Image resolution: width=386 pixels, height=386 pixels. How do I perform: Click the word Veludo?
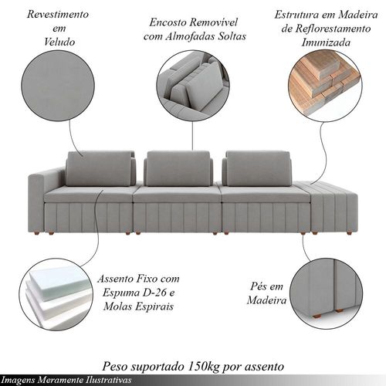pos(59,42)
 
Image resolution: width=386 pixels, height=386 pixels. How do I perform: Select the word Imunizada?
pos(326,42)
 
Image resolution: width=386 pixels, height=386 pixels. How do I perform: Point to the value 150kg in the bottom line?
pos(204,366)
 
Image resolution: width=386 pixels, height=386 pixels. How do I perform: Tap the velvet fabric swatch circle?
pos(58,86)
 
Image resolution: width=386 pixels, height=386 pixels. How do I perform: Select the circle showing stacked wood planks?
pos(325,86)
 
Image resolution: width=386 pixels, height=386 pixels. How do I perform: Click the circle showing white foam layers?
pos(57,295)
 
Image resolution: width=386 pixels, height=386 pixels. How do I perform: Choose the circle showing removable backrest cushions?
pos(193,86)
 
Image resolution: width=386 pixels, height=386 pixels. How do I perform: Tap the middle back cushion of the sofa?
pos(178,168)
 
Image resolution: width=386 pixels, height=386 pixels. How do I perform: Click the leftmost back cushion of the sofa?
pos(100,168)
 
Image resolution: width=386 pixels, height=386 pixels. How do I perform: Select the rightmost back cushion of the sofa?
pos(257,168)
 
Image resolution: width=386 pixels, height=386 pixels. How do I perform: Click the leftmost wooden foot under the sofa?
pos(38,233)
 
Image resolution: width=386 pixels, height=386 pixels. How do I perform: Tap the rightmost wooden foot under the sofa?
pos(349,233)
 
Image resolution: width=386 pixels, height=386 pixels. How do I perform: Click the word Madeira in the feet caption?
pos(266,300)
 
